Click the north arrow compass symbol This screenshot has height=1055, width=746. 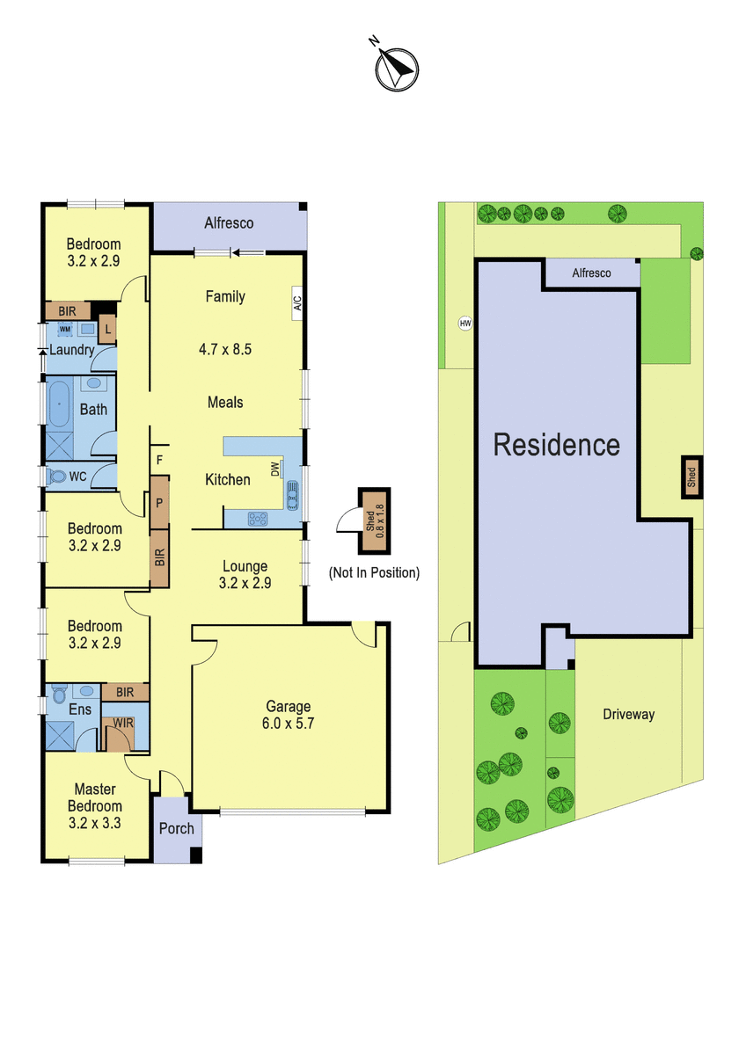click(397, 69)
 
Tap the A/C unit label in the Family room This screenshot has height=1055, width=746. click(296, 303)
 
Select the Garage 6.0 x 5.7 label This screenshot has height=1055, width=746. click(288, 715)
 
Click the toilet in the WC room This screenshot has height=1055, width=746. click(57, 477)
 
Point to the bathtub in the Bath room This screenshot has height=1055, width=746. click(59, 404)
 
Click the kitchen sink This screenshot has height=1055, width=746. click(292, 495)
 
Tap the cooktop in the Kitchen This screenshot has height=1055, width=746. click(258, 519)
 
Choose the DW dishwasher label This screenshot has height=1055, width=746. click(275, 469)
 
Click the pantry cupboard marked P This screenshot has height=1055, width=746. click(159, 503)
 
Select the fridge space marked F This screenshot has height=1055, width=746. click(159, 460)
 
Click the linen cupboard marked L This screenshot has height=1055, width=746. click(107, 329)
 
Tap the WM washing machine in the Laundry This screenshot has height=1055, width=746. click(65, 329)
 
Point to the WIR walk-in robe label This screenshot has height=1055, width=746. click(123, 723)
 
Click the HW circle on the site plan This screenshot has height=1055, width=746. click(465, 324)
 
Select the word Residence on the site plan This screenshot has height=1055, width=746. click(556, 445)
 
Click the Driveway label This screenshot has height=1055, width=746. click(629, 715)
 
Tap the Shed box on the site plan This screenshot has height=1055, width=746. click(691, 477)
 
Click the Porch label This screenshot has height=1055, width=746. click(176, 828)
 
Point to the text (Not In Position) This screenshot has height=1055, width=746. click(374, 572)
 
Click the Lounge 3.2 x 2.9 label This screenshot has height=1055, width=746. click(245, 574)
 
